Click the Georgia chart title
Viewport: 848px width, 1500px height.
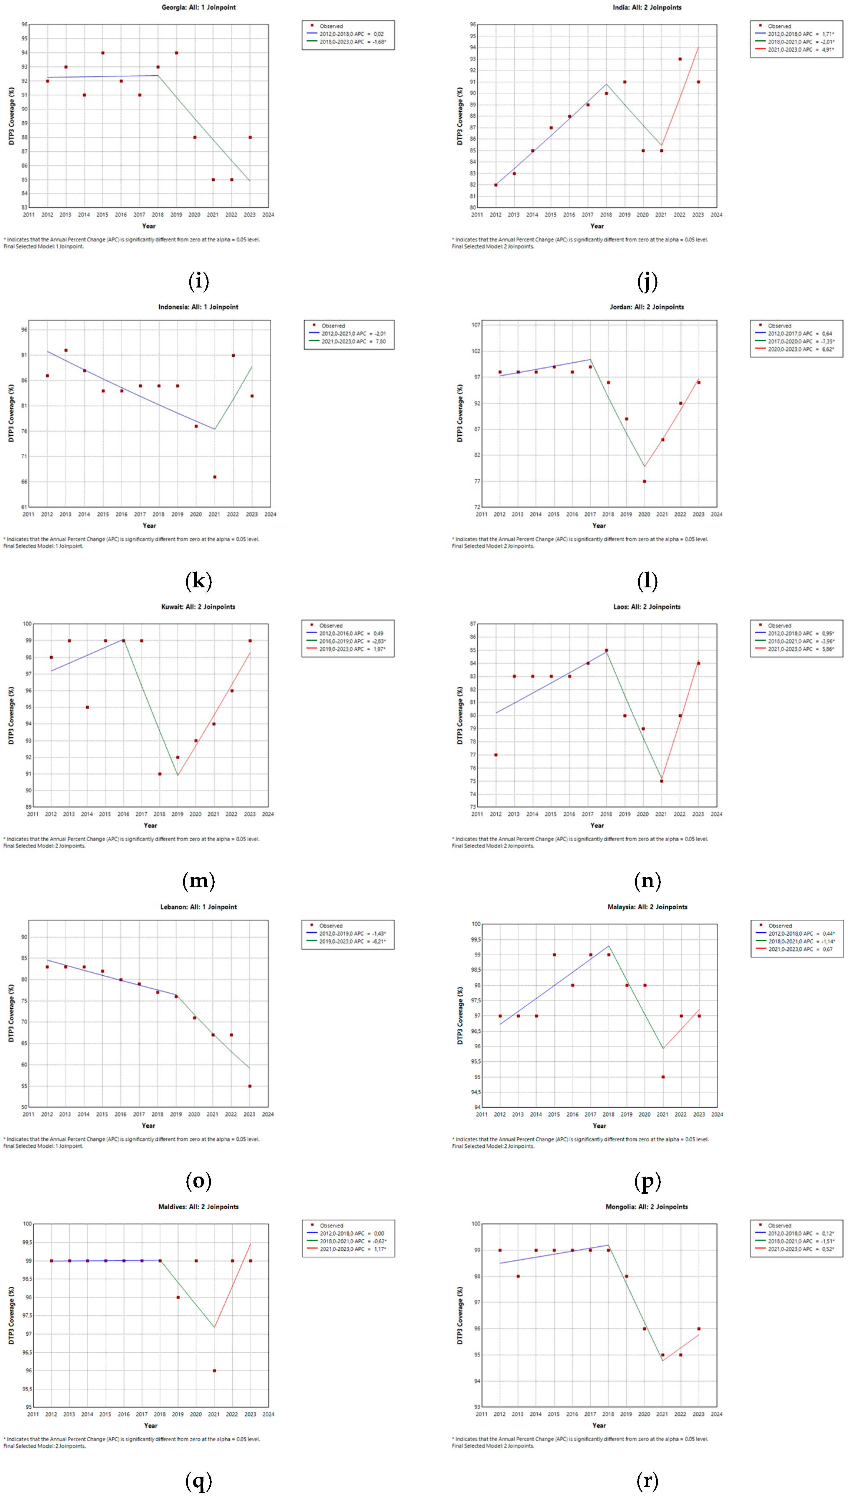tap(199, 8)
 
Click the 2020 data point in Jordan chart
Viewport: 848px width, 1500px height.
tap(644, 481)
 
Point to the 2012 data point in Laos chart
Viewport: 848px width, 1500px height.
tap(496, 755)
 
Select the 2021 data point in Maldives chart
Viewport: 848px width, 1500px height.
tap(214, 1371)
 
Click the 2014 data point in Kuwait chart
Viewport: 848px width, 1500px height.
tap(87, 707)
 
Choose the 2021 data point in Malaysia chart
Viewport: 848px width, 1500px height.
tap(663, 1077)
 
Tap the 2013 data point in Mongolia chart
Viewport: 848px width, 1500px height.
tap(518, 1276)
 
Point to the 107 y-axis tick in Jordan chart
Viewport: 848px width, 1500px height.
tap(476, 325)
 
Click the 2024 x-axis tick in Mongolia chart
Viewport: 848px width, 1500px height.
tap(716, 1414)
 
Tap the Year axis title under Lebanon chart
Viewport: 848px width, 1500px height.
tap(148, 1125)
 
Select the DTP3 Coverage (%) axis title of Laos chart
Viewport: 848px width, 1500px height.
tap(460, 715)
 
